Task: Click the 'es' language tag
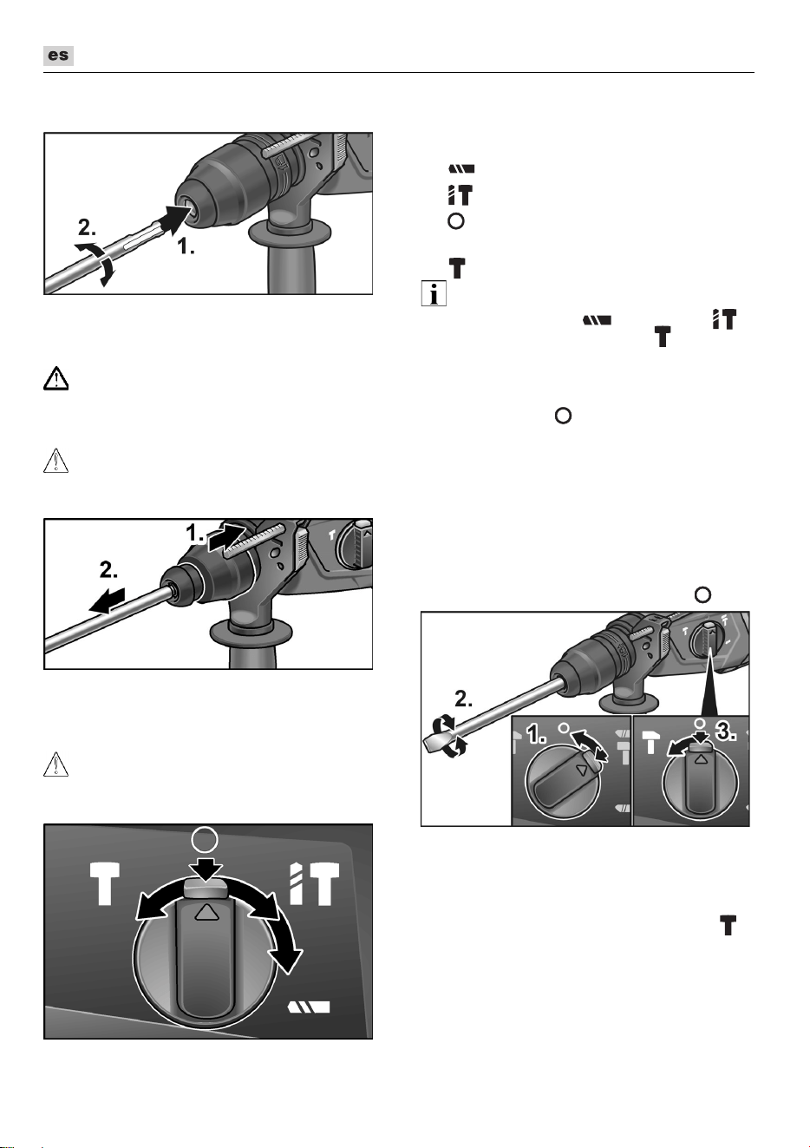58,56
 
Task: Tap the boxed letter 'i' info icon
434,293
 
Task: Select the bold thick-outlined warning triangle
56,378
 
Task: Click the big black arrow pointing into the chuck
177,218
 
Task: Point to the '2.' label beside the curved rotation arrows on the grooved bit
87,227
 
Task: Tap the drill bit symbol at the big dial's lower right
309,1007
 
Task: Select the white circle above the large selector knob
205,840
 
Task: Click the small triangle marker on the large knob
206,912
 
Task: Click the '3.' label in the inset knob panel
727,733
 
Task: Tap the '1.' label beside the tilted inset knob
537,736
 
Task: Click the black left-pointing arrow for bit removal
107,600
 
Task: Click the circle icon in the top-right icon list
456,221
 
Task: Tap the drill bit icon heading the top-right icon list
461,168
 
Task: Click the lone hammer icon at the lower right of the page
728,924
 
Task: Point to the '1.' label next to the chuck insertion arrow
186,246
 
